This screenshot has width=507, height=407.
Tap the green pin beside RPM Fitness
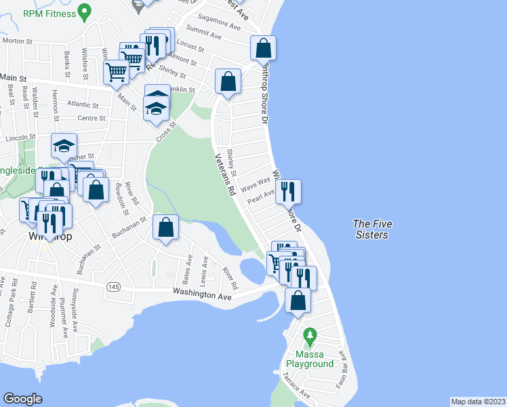point(83,11)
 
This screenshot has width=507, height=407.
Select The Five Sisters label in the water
point(371,229)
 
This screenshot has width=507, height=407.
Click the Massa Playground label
point(314,359)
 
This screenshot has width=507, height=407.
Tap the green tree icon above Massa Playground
point(310,335)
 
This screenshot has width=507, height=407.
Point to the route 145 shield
point(113,287)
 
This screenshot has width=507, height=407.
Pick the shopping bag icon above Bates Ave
point(165,228)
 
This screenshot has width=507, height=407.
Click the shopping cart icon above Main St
point(117,71)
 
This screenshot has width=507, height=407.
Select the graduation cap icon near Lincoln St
point(64,146)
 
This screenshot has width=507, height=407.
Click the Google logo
point(23,399)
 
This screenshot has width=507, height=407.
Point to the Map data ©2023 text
point(478,402)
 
